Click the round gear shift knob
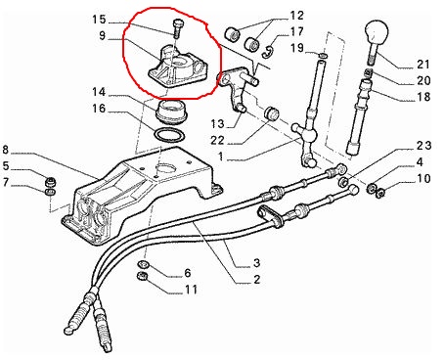point(377,32)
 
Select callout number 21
point(423,65)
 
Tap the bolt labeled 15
point(177,28)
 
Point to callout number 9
point(103,35)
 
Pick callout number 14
point(99,92)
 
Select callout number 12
point(296,16)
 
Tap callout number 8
point(5,150)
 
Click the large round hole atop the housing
point(166,169)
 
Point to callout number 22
point(217,140)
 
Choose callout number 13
point(217,124)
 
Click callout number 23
point(423,146)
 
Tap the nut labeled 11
point(142,276)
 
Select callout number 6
point(188,273)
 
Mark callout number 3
point(256,262)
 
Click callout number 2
point(256,279)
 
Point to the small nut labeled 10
point(379,194)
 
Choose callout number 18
point(423,97)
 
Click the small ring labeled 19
point(323,56)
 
